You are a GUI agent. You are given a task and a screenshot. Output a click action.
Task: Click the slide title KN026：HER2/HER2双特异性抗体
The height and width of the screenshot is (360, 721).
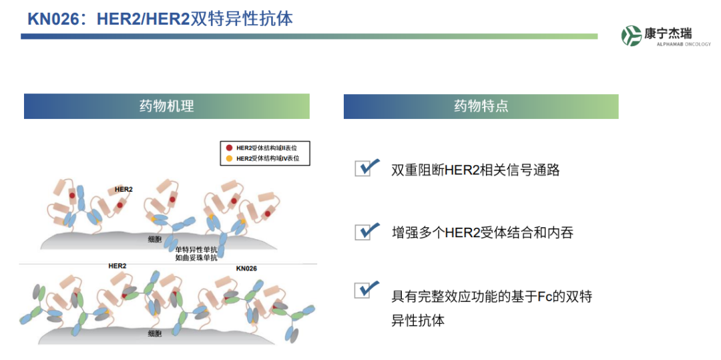tap(160, 19)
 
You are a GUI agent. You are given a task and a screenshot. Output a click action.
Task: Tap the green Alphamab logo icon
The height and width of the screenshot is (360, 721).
tap(632, 35)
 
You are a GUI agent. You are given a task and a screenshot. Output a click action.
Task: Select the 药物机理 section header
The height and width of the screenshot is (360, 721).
tap(166, 106)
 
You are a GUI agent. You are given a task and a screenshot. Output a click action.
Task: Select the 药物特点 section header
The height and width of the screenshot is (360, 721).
tap(481, 106)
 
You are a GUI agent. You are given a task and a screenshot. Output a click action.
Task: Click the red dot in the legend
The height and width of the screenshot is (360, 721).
tap(229, 148)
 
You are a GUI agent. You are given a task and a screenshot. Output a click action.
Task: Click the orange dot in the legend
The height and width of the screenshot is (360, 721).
tap(229, 158)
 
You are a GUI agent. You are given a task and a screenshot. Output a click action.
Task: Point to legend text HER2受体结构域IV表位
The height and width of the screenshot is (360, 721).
tap(268, 158)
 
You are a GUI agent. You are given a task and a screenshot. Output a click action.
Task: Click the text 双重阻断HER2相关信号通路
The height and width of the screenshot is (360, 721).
tap(475, 170)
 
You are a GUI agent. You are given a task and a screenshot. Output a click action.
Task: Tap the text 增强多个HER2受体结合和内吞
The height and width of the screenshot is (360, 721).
tap(483, 232)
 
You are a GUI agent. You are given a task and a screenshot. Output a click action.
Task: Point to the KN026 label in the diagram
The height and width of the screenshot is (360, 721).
tap(246, 268)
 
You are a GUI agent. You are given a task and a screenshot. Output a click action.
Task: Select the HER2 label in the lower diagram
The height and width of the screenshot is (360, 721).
tap(117, 266)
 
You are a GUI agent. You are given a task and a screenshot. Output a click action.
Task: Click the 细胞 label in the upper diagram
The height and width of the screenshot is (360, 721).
tap(155, 239)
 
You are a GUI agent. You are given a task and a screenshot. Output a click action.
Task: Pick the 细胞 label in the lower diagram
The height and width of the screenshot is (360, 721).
tap(155, 334)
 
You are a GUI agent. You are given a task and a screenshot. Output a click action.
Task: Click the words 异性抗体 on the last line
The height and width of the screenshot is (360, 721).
tap(418, 321)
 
